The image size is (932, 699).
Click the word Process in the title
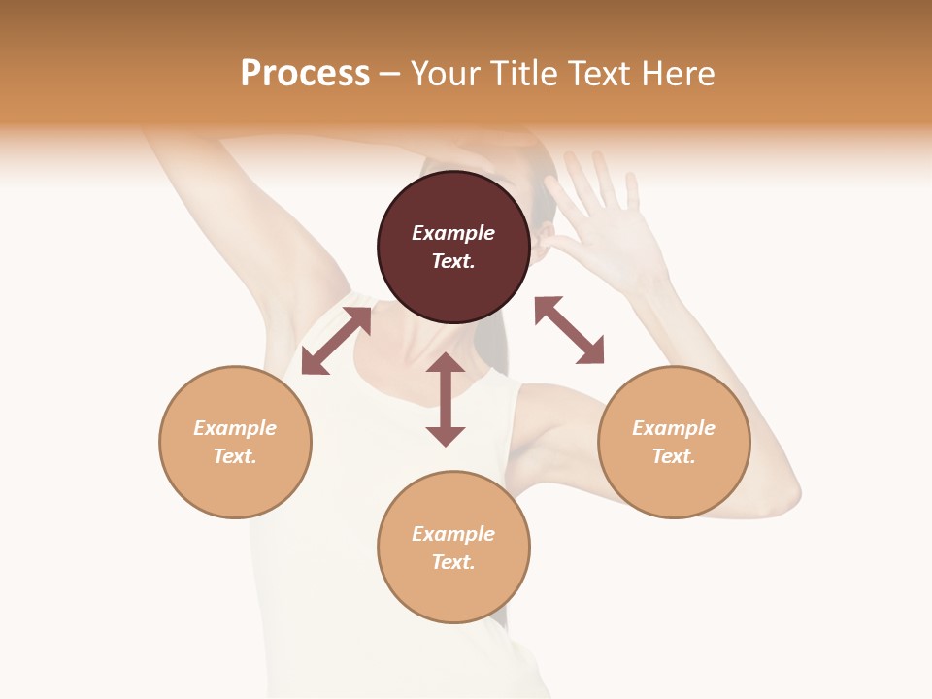tap(305, 74)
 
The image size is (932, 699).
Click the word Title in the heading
tap(525, 74)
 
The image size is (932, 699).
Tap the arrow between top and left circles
tap(336, 341)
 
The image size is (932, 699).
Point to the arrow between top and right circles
tap(570, 330)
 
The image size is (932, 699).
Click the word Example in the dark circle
tap(453, 233)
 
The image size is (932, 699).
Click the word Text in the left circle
tap(234, 456)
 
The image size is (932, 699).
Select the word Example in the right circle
tap(674, 428)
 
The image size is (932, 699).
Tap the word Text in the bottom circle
tap(451, 562)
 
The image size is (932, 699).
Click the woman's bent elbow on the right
tap(777, 495)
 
